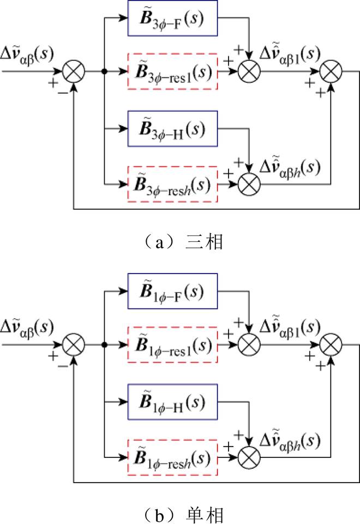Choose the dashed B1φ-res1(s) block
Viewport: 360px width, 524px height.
(172, 345)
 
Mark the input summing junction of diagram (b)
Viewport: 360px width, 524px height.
(74, 344)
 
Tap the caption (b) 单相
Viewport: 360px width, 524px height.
(181, 514)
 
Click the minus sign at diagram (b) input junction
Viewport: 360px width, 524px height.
(63, 365)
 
